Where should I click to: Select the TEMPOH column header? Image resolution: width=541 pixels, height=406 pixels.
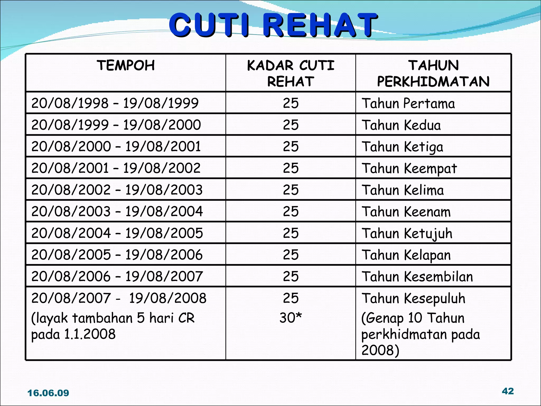126,66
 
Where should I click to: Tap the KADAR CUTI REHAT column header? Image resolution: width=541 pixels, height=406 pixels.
291,73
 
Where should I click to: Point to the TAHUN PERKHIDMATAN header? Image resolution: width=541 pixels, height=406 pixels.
433,73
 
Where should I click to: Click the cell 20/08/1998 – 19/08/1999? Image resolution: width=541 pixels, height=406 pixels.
115,103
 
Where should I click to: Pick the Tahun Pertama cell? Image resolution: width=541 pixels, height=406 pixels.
408,103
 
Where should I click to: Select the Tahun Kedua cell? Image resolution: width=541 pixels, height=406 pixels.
401,125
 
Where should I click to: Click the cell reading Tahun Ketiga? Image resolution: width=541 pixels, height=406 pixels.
402,146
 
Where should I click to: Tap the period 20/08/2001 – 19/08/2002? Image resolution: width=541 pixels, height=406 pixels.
116,168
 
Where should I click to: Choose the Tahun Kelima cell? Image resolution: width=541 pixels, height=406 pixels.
403,190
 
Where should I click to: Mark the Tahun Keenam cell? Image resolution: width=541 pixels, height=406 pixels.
406,211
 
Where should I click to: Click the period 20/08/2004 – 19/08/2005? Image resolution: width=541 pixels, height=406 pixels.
117,233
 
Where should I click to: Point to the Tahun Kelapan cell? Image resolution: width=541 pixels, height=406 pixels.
406,255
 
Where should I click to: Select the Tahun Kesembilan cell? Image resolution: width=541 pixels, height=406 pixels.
417,276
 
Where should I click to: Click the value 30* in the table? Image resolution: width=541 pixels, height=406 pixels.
291,317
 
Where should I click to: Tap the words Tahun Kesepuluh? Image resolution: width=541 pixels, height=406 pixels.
413,298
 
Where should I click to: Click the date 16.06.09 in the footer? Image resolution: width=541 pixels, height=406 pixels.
48,393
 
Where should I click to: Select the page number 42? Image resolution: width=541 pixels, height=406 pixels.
508,391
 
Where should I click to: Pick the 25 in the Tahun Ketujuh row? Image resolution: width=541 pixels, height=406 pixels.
291,233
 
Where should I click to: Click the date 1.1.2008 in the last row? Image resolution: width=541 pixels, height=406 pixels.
90,334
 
